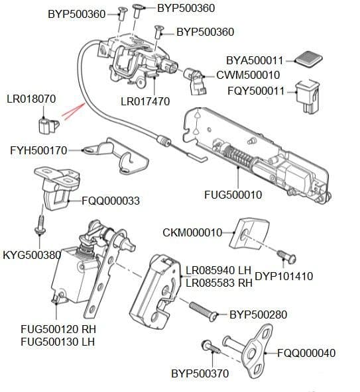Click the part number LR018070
click(x=30, y=99)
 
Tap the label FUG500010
click(x=233, y=195)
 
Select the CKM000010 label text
click(x=192, y=232)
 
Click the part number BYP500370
click(x=200, y=373)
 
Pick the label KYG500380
click(x=32, y=254)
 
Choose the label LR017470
click(x=145, y=101)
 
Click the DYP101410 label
click(x=284, y=276)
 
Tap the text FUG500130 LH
click(x=58, y=342)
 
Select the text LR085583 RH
click(x=219, y=283)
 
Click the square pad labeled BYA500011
click(x=307, y=59)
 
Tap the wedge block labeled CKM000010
click(x=250, y=231)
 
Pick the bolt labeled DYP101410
click(x=282, y=256)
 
